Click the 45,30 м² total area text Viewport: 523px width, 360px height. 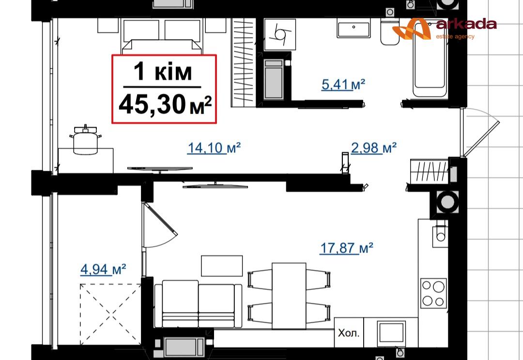tap(165, 105)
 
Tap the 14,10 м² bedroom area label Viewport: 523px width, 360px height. tap(214, 148)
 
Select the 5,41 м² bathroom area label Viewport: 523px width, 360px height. tap(343, 84)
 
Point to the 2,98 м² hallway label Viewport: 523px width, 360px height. tap(373, 148)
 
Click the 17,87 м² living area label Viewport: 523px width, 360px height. tap(346, 248)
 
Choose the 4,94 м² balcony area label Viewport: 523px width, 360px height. tap(103, 270)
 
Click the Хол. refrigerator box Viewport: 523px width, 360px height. tap(349, 333)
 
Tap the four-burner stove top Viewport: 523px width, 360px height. tap(433, 293)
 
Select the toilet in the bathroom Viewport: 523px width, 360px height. tap(390, 31)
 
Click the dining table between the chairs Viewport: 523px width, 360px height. tap(289, 296)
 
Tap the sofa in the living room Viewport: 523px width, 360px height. tap(198, 304)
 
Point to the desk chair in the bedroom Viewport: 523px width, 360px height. tap(86, 140)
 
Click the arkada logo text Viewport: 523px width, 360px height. tap(466, 24)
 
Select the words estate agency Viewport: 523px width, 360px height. tap(455, 37)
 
